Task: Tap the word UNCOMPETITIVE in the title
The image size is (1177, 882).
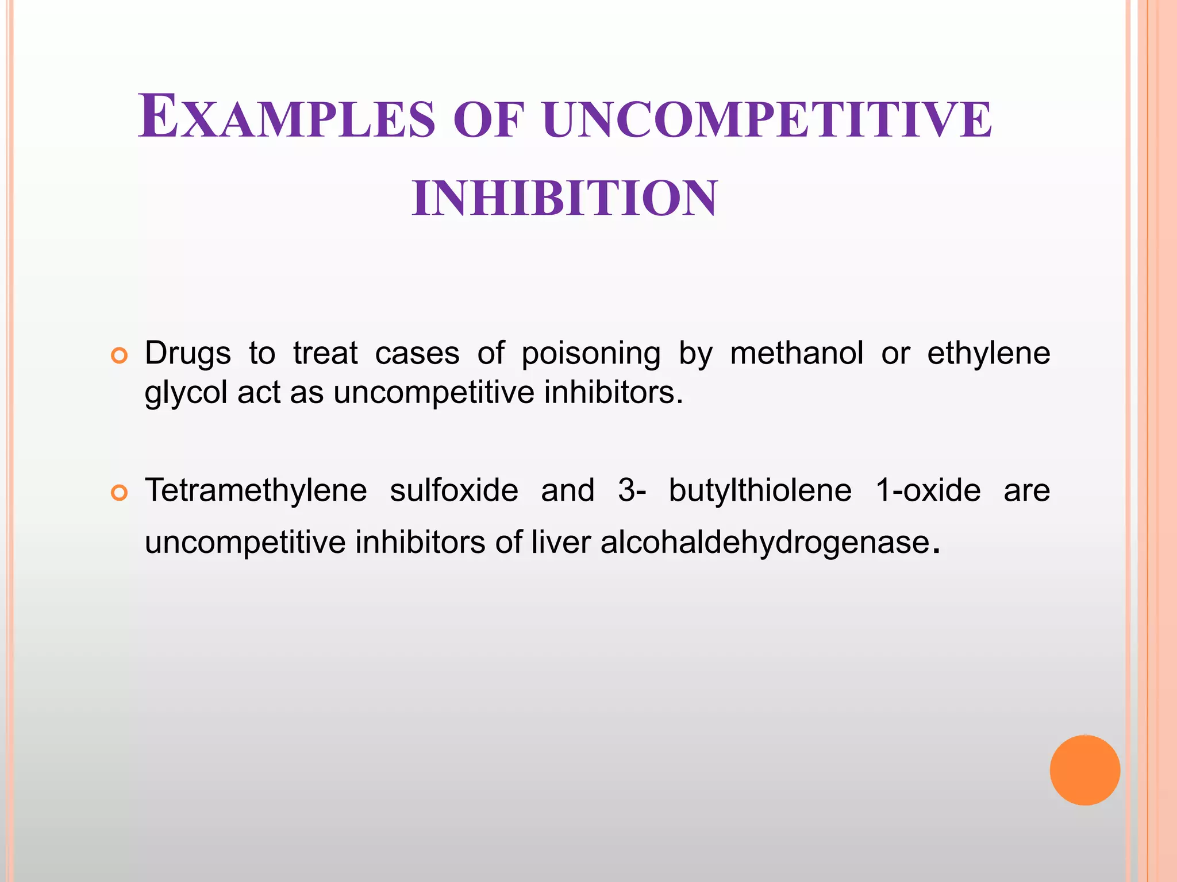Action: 767,119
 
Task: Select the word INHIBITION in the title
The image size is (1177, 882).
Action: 565,198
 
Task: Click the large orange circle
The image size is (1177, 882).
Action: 1084,770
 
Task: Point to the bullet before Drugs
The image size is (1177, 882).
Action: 119,356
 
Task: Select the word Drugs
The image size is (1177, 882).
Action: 187,353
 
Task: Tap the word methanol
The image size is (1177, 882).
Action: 797,353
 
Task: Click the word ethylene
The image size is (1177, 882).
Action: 988,353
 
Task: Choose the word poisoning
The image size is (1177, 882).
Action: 591,353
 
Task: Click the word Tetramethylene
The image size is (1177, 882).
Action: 256,491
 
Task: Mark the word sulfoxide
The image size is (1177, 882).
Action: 454,490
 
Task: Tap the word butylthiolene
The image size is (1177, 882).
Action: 760,490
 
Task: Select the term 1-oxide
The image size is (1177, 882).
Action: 928,490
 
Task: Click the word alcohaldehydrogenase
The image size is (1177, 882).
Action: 765,541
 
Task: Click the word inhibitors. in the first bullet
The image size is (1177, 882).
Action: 613,393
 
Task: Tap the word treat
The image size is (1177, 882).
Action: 325,353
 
